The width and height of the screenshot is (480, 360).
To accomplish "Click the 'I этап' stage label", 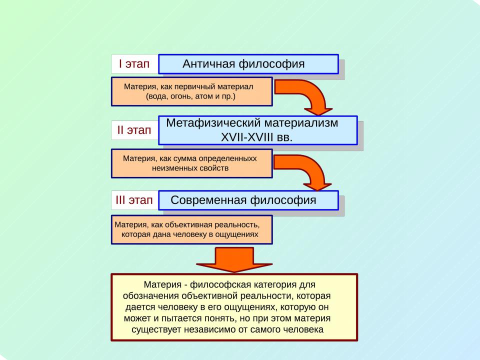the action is click(x=134, y=64).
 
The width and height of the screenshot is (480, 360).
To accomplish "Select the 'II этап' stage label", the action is click(x=134, y=130).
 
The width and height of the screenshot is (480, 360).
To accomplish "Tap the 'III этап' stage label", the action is click(x=134, y=200).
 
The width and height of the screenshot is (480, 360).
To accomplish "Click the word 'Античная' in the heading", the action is click(x=209, y=64).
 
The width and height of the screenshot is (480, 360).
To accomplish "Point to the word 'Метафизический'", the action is click(x=213, y=123).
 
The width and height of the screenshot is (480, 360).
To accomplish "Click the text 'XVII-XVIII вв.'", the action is click(x=256, y=137).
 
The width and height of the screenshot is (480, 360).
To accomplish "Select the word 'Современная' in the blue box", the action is click(x=208, y=200).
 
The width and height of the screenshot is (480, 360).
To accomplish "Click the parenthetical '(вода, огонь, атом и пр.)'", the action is click(x=190, y=96).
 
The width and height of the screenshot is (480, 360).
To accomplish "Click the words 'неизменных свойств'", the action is click(x=190, y=168).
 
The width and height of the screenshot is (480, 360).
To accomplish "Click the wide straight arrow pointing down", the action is click(x=234, y=259).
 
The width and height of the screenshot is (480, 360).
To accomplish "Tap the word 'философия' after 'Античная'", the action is click(x=271, y=64).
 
